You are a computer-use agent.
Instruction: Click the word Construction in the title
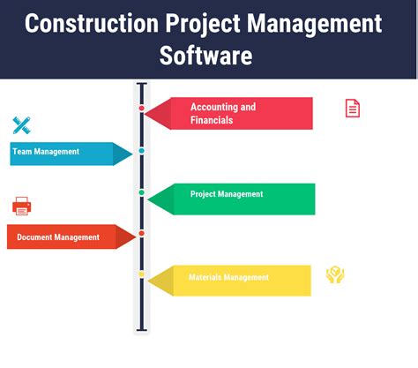tap(93, 23)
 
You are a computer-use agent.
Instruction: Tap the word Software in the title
tap(205, 56)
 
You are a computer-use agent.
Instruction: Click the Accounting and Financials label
tap(223, 113)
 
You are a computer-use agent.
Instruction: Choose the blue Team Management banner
tap(62, 153)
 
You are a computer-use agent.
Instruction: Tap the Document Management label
tap(60, 237)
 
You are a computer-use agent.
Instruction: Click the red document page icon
tap(352, 109)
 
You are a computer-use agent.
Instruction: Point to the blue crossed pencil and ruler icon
tap(22, 125)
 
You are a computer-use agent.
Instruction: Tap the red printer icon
tap(22, 207)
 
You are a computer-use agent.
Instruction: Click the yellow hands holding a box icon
tap(334, 275)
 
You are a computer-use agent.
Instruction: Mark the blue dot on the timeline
tap(141, 151)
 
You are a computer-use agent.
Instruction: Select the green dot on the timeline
tap(141, 192)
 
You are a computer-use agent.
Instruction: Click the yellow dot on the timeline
tap(141, 274)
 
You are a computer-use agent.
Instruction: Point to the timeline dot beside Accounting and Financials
tap(141, 109)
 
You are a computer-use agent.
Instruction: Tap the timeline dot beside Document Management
tap(141, 233)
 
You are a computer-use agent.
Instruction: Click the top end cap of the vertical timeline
tap(141, 85)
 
